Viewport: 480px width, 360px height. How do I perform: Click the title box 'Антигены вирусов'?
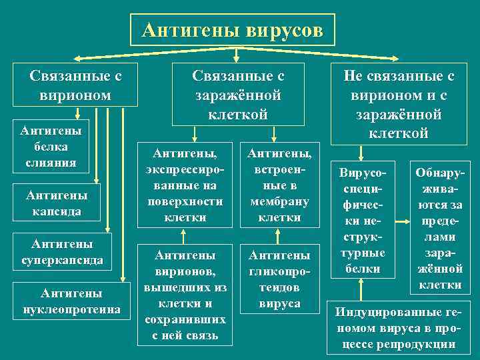(x=233, y=29)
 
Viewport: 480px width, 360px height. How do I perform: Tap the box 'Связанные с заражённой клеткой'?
(x=238, y=94)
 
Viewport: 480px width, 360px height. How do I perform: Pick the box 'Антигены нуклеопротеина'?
(x=71, y=301)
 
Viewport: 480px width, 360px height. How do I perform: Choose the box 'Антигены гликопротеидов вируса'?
(x=279, y=279)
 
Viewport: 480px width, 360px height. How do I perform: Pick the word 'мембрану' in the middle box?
(x=279, y=201)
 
